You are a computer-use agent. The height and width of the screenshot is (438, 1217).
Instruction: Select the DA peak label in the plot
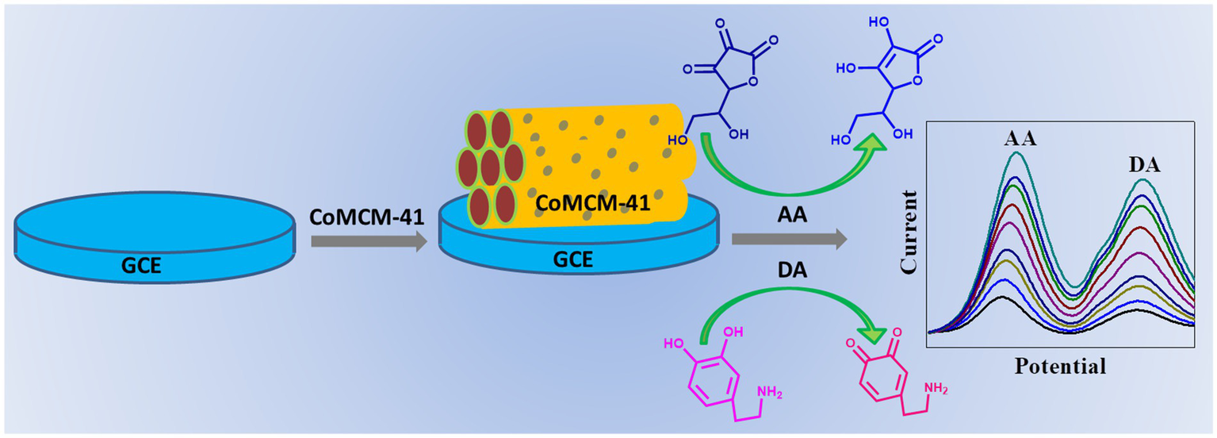pos(1144,166)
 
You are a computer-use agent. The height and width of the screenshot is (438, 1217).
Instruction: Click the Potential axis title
pos(1061,367)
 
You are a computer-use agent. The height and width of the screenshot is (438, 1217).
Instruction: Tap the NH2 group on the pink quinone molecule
pos(936,388)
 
